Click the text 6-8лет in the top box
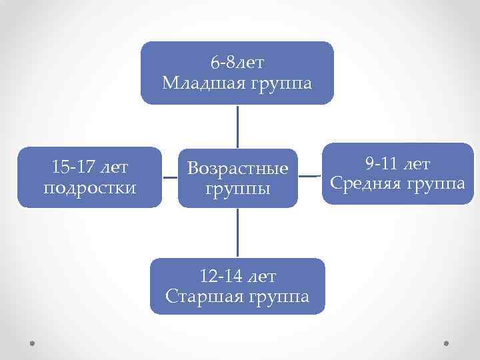237,63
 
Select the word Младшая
203,83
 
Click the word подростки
89,188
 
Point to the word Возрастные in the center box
238,168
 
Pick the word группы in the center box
238,189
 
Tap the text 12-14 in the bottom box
219,275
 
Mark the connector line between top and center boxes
237,126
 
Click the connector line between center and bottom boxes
237,233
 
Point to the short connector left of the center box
170,178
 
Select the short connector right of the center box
307,177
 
